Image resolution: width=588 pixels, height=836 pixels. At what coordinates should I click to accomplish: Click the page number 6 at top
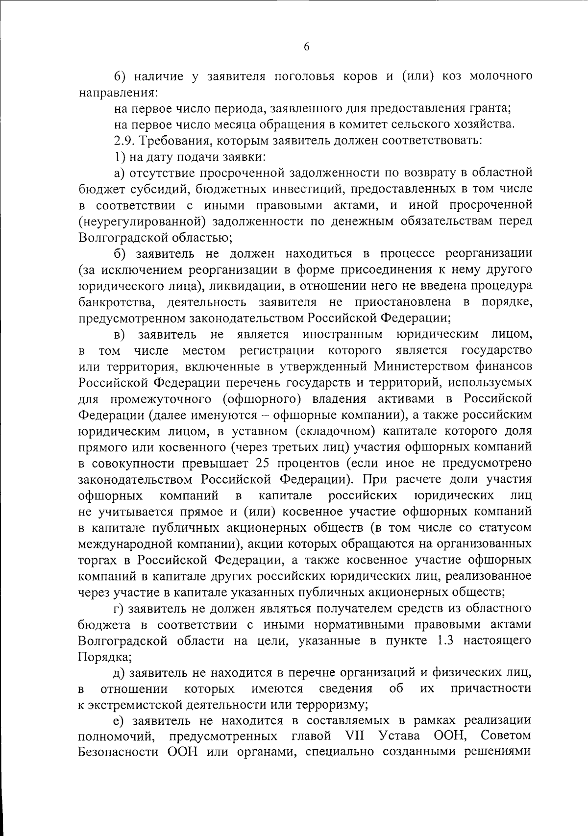coord(306,47)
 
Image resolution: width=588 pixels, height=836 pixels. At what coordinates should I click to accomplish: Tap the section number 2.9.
coord(122,141)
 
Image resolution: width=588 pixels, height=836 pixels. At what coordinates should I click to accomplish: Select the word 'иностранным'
coord(343,335)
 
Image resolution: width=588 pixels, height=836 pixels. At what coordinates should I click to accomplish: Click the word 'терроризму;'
coord(335,705)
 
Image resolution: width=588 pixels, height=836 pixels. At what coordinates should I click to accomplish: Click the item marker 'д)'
coord(121,673)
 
